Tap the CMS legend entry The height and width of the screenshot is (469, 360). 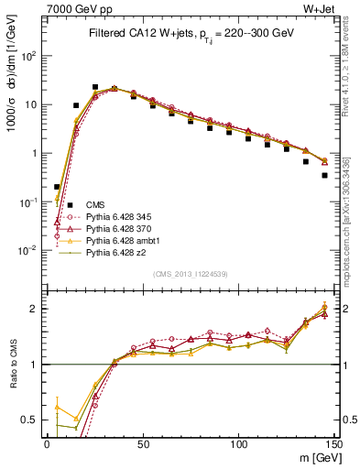95,204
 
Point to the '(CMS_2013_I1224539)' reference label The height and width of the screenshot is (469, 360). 191,273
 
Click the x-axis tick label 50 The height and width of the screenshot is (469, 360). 143,443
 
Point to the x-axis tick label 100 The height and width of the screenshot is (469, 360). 238,443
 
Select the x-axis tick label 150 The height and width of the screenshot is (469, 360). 333,443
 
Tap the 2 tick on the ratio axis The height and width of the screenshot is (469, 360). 38,309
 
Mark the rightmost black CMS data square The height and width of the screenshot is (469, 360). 324,175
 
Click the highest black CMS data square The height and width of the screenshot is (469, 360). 95,87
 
